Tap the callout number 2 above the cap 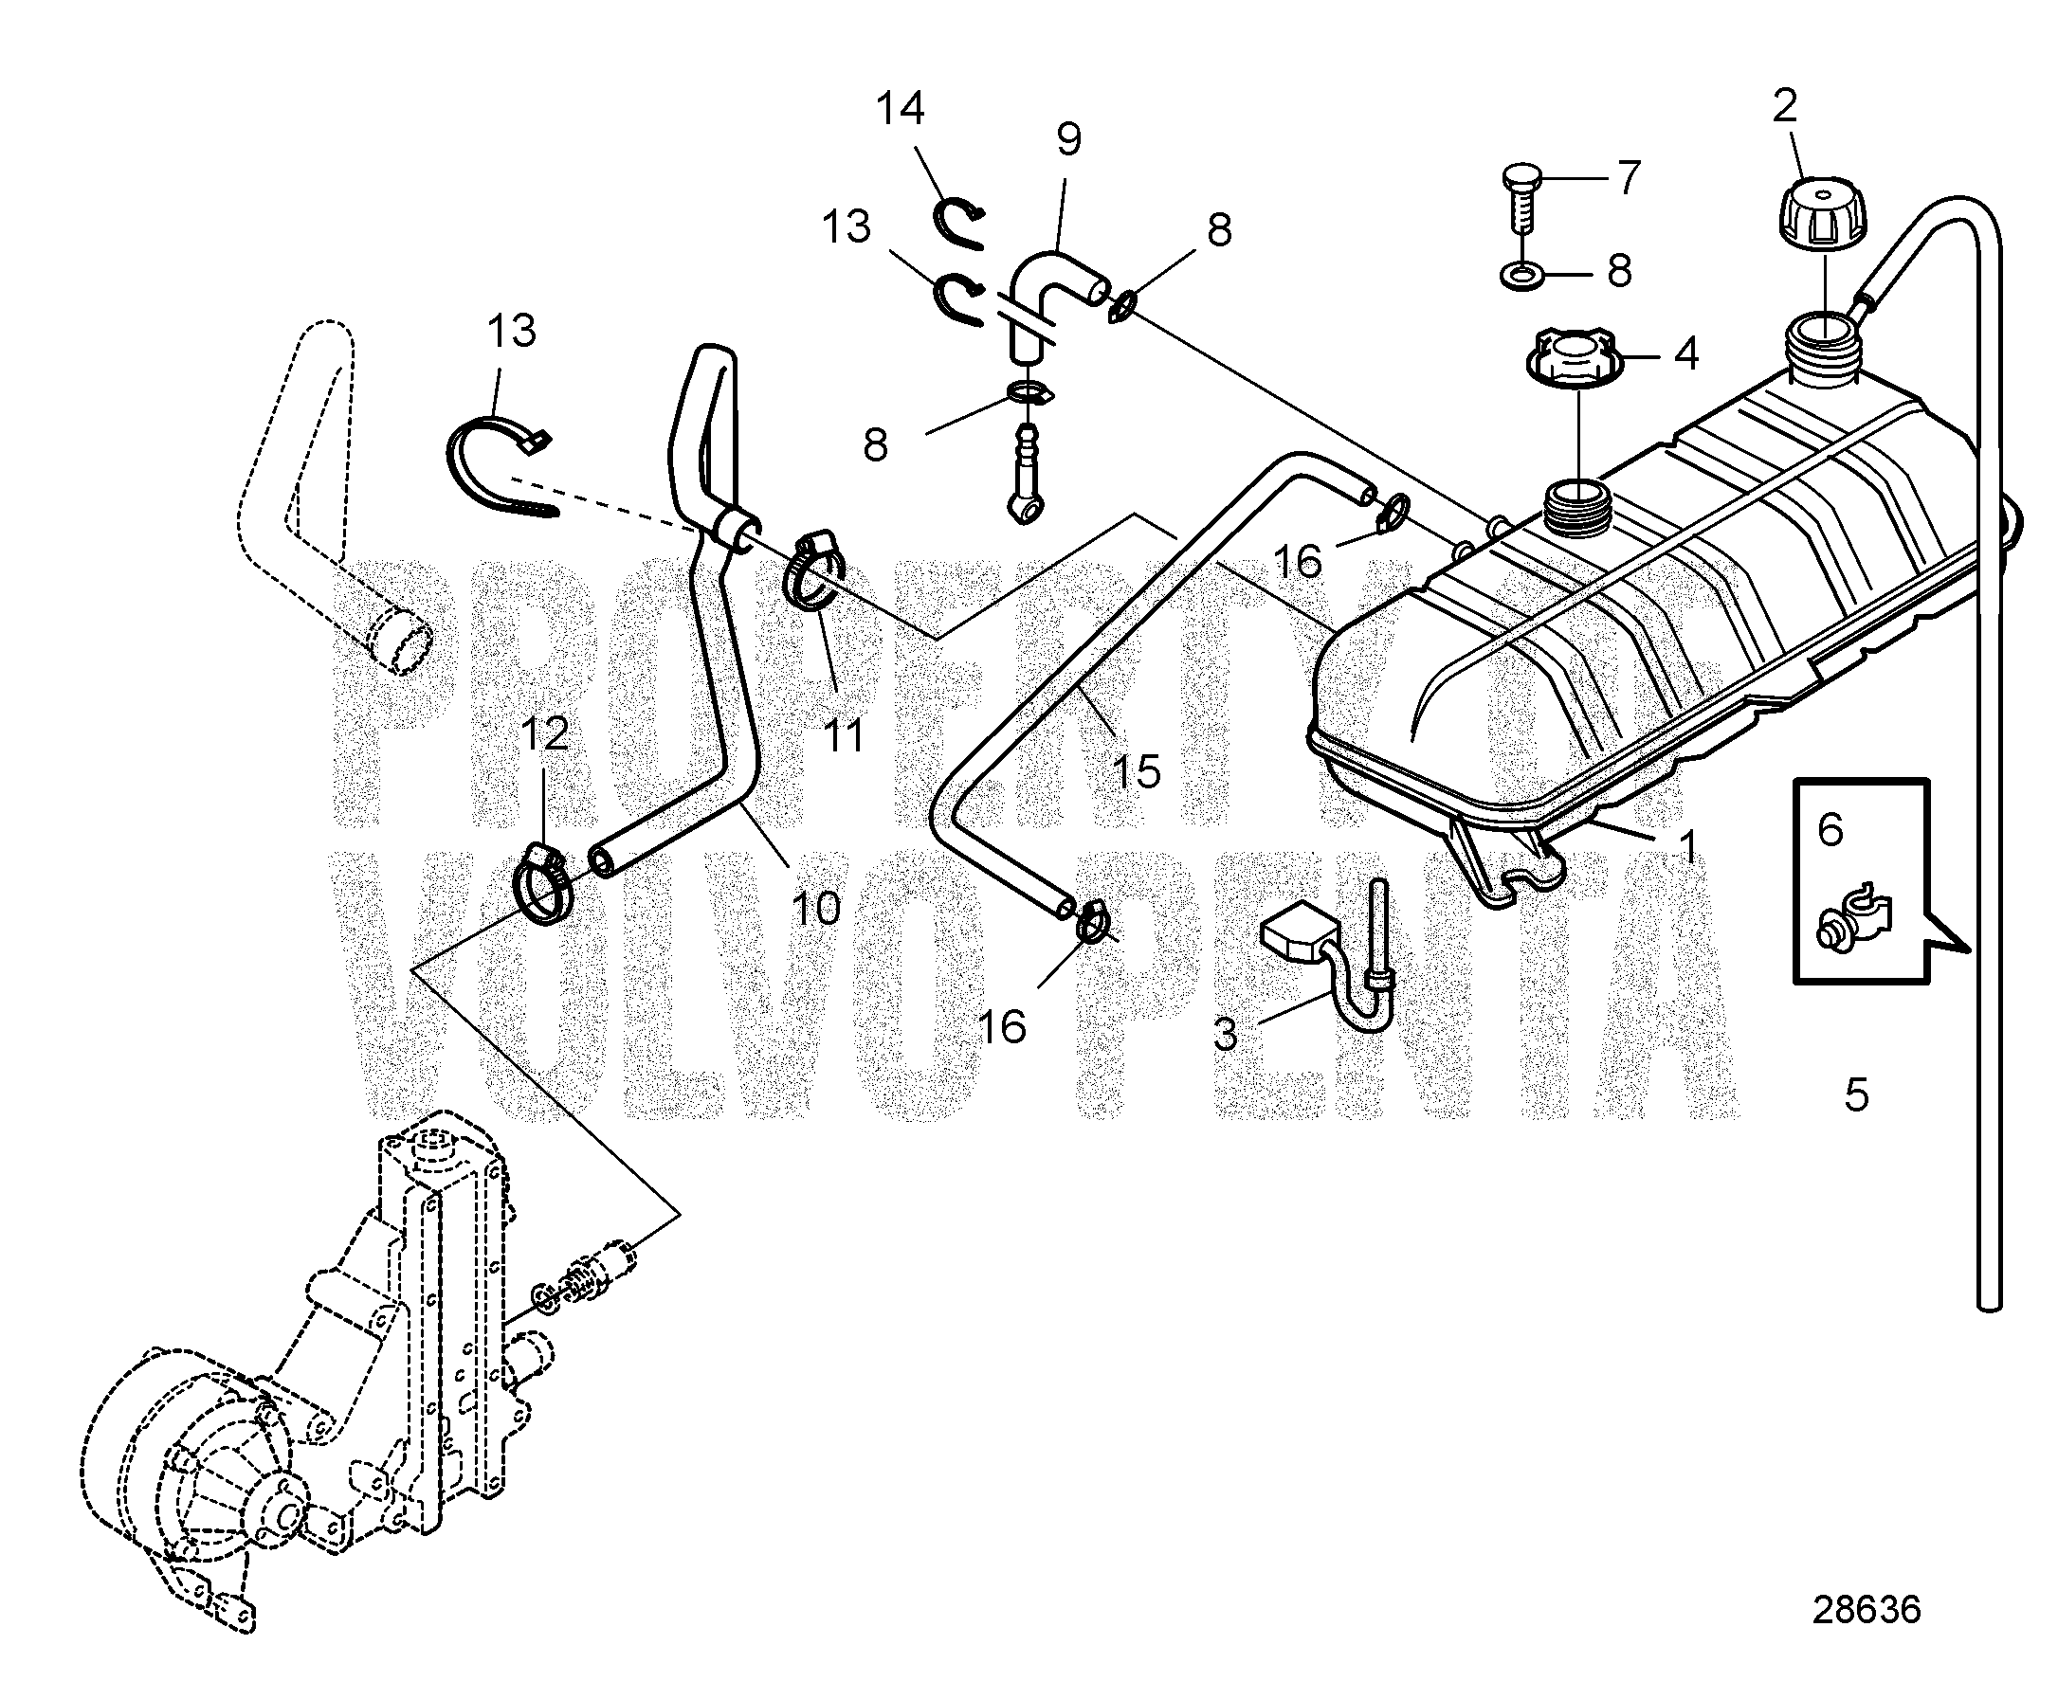(1785, 106)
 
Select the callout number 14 (901, 108)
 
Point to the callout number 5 (1855, 1095)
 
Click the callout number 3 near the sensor (1225, 1035)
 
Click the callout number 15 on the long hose (1137, 771)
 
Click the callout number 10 (815, 908)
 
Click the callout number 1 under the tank (1687, 847)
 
